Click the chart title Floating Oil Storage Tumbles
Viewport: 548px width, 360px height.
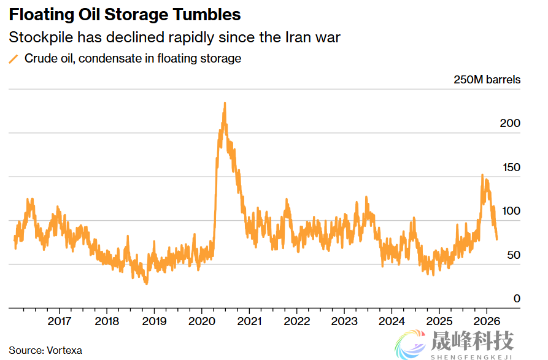125,15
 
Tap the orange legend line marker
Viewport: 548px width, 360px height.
14,59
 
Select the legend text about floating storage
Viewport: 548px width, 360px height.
133,59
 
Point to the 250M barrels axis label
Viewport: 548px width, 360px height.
487,80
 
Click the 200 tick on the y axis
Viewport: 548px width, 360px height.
510,123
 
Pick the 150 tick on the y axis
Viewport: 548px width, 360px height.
510,167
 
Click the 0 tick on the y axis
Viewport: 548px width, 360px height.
517,299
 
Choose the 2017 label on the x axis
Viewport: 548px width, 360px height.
59,321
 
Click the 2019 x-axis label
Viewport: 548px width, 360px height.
154,321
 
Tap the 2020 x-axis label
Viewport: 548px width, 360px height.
201,321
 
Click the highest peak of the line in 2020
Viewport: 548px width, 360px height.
225,103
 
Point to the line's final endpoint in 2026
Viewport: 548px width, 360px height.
496,239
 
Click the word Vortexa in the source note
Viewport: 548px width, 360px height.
64,350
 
